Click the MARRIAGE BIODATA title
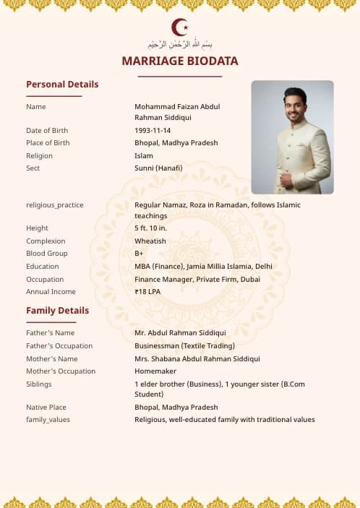pos(180,61)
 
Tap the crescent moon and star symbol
pos(180,27)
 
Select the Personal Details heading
pos(62,85)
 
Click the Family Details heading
pos(58,311)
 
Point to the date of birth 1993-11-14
pos(153,131)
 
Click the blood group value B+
pos(139,254)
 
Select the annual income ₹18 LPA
pos(147,292)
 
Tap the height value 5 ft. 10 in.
pos(151,228)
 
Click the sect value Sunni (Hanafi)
pos(158,168)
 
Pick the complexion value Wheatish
pos(150,241)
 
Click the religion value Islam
pos(144,156)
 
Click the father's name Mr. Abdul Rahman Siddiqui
pos(180,333)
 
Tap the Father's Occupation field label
pos(59,346)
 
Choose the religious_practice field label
pos(55,205)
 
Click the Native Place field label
pos(46,408)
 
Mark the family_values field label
pos(48,420)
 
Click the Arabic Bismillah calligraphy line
pos(180,45)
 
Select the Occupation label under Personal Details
pos(45,280)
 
